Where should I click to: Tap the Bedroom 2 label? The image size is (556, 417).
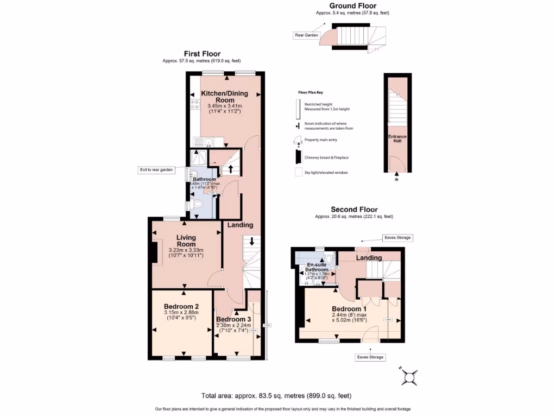point(182,306)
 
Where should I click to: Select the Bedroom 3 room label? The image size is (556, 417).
point(233,319)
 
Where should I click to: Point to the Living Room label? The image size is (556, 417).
point(186,241)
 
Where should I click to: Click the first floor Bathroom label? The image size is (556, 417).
point(205,179)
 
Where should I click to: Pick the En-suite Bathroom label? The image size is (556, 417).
point(317,267)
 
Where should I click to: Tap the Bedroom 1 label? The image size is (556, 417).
point(349,308)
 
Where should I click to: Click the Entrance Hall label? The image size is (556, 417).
point(397,138)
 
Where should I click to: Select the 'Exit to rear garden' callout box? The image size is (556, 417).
point(156,170)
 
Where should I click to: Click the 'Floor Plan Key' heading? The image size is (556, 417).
point(311,93)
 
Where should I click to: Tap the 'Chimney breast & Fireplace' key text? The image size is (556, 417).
point(326,157)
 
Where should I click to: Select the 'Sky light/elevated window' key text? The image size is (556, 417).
point(326,172)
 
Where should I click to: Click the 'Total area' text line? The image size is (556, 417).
point(280,395)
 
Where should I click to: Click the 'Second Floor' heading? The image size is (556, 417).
point(354,209)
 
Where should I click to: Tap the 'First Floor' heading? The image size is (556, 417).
point(201,53)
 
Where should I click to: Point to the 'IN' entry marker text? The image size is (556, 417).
point(396,179)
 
